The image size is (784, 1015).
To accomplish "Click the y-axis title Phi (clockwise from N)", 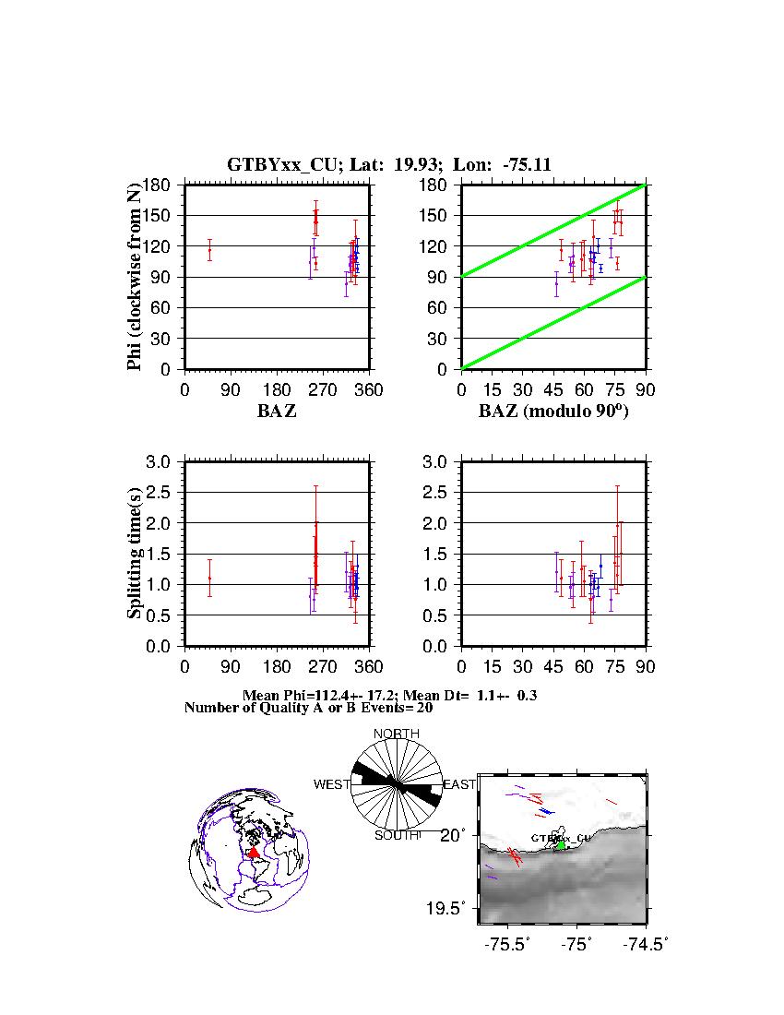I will pos(135,277).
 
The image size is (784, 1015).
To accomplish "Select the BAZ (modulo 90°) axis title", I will pos(553,412).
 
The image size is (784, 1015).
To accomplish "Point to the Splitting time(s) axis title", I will pos(135,554).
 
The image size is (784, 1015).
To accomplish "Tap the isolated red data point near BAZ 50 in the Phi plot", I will pos(209,249).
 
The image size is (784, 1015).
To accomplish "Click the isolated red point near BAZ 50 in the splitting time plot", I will pos(209,578).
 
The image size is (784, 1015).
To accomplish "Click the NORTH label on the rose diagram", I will pos(397,734).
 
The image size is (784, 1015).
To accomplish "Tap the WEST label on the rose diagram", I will pos(332,784).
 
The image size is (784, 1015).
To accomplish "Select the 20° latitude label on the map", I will pos(459,835).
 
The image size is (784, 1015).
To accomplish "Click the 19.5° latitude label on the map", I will pos(453,909).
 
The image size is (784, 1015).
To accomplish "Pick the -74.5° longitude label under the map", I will pos(646,944).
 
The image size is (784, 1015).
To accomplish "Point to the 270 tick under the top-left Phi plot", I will pos(277,390).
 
